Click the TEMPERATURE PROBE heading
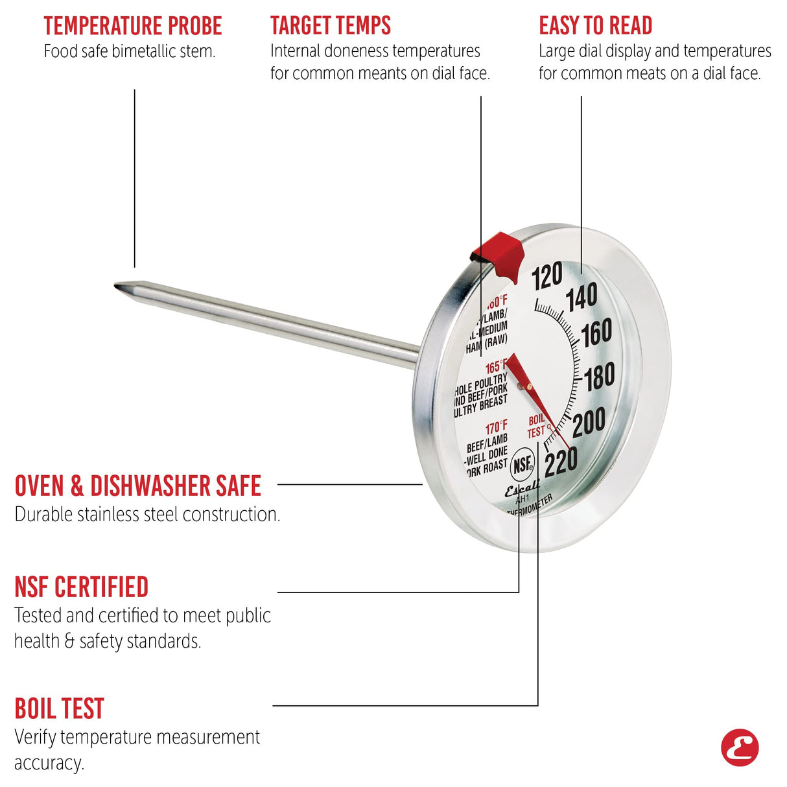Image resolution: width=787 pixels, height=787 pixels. (133, 26)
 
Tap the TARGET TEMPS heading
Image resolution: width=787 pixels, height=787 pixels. (331, 26)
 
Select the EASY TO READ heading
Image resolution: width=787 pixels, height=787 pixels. (595, 26)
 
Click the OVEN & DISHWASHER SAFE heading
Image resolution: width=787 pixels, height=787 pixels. (137, 486)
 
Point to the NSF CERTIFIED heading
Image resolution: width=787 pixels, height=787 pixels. (82, 587)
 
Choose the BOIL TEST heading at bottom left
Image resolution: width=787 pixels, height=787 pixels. (59, 709)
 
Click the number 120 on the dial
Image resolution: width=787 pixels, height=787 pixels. (546, 277)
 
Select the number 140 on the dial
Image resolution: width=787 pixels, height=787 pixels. (581, 299)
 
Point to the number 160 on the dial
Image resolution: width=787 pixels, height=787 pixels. (596, 333)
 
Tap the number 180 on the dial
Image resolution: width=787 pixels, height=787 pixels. (600, 377)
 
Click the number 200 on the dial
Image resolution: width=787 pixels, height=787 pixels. (589, 423)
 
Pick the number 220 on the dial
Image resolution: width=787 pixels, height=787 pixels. (561, 463)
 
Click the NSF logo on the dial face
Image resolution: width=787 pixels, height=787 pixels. (523, 464)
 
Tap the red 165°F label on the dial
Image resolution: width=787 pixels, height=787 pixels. (497, 368)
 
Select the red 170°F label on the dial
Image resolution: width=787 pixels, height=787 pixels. (497, 428)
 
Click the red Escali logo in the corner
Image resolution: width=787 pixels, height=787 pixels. (740, 747)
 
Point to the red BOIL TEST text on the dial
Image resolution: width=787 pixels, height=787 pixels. (536, 426)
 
